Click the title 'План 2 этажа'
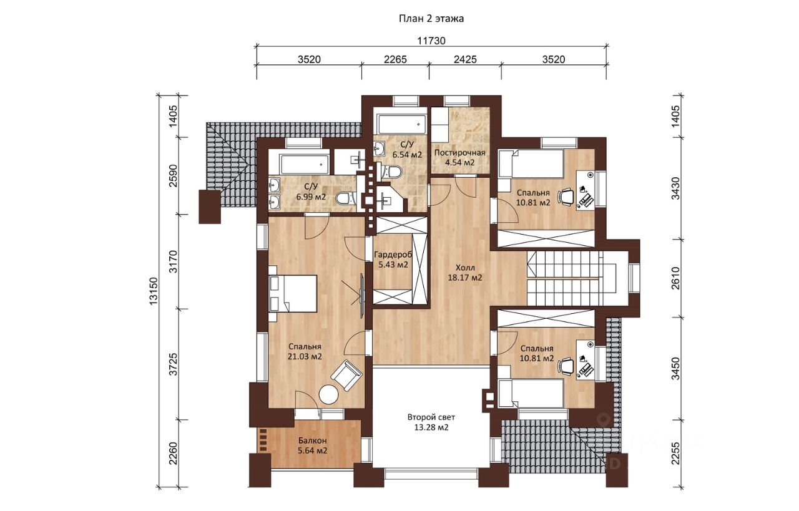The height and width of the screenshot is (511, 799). (x=431, y=19)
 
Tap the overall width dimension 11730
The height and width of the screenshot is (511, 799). (x=431, y=41)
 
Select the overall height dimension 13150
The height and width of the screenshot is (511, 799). (x=154, y=291)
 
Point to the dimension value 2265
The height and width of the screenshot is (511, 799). (x=395, y=59)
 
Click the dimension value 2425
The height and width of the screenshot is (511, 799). (x=465, y=59)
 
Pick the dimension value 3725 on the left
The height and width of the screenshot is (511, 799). (x=174, y=364)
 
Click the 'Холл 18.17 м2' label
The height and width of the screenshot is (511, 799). (x=465, y=273)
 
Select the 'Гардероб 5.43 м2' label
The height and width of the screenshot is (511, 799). (x=393, y=260)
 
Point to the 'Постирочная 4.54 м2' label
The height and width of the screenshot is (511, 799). (x=460, y=158)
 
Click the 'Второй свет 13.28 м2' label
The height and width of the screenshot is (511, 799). (x=431, y=422)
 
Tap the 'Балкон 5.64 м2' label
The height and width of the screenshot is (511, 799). (x=313, y=445)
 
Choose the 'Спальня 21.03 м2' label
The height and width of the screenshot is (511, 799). (x=305, y=351)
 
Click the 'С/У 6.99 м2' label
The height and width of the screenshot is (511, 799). (x=311, y=192)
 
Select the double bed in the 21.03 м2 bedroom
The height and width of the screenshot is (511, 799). (x=293, y=293)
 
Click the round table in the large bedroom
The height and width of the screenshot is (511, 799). (x=328, y=395)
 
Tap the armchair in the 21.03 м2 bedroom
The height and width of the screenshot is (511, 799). (x=346, y=376)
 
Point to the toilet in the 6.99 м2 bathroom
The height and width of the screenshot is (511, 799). (x=346, y=198)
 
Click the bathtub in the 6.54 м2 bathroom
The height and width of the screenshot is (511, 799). (x=401, y=124)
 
